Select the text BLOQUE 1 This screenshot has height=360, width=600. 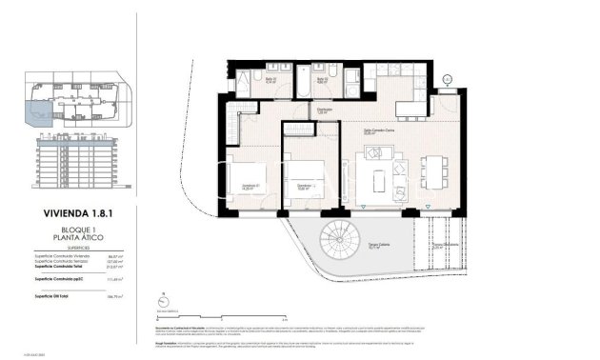pos(66,231)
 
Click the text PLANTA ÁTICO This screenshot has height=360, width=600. pos(66,240)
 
